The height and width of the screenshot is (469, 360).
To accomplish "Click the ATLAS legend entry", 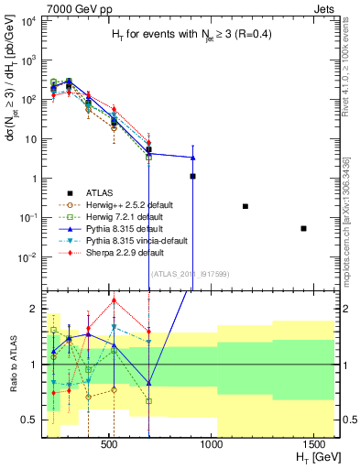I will [x=101, y=192].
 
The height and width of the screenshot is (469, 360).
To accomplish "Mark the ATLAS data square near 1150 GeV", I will [x=245, y=206].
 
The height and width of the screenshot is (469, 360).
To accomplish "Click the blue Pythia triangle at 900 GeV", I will [x=192, y=157].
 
